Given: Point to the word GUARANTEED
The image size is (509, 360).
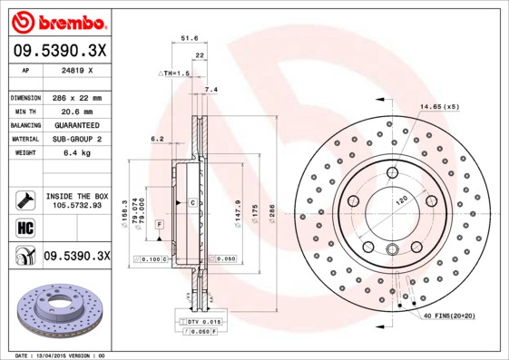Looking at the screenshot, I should pos(73,124).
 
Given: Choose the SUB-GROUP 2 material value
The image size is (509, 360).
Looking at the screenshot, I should pos(73,139).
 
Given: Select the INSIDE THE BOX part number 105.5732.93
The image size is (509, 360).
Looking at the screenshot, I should pos(76,206).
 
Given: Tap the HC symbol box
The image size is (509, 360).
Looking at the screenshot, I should pos(24,227).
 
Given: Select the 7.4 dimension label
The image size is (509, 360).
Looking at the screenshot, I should pos(211,89).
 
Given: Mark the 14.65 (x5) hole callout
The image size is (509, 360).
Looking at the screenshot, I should pos(438,107).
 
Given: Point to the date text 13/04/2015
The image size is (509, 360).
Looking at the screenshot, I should pos(58,355).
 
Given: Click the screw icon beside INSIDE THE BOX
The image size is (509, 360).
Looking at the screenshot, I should pos(24,200).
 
